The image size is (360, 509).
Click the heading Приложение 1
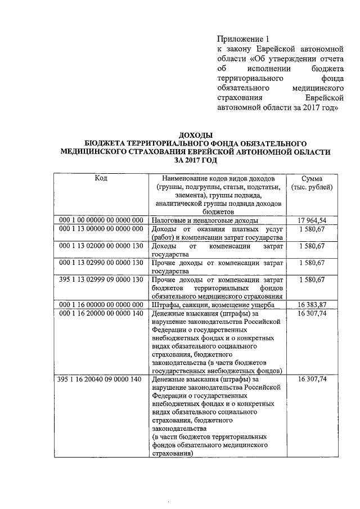[244, 39]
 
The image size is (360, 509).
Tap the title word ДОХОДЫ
[195, 136]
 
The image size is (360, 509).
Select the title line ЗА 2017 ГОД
[195, 160]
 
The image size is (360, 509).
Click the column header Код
[101, 178]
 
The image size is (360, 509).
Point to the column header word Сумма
[316, 178]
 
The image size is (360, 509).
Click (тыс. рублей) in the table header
[316, 187]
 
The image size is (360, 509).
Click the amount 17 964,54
[316, 220]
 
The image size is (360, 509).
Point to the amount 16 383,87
[316, 304]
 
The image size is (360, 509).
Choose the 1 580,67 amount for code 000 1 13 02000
[316, 246]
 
